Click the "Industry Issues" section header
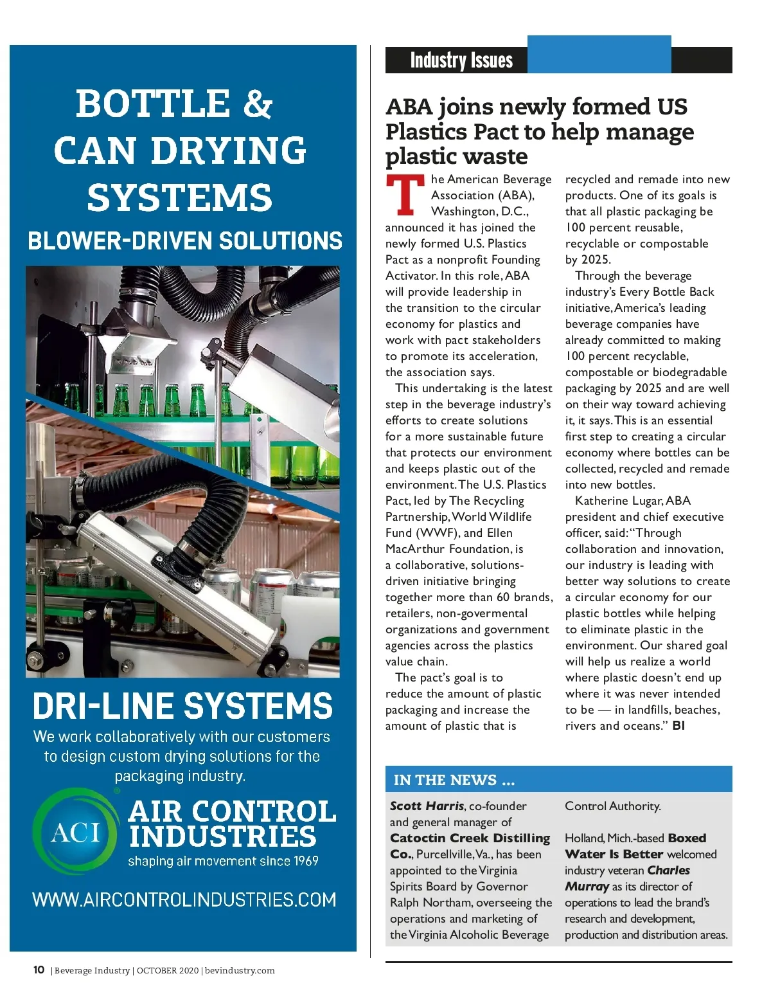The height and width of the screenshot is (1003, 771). point(461,60)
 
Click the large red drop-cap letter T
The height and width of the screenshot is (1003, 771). point(405,195)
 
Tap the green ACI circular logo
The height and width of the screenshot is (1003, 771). point(76,833)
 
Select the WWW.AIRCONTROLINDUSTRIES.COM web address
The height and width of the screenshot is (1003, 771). point(184,899)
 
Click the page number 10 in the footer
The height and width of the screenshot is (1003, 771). point(39,970)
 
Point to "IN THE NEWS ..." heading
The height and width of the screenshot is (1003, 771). point(454,780)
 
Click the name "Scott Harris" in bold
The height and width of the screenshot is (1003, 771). point(427,806)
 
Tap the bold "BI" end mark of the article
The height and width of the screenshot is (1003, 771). point(678,726)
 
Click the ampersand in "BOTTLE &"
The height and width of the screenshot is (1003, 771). point(257,104)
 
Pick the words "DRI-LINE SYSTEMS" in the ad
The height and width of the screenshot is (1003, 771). point(182,706)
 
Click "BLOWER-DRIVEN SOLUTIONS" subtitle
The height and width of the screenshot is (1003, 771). point(185,241)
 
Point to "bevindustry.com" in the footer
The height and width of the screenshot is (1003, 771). point(239,970)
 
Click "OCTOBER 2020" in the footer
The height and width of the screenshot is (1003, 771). point(167,970)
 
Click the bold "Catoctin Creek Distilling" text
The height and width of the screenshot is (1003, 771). point(470,838)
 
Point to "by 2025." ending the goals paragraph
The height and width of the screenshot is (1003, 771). point(588,260)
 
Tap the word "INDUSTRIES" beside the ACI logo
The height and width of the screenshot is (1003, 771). point(222,836)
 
